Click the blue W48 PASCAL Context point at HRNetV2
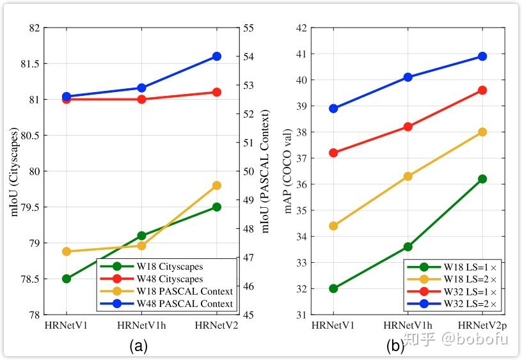[x=216, y=56]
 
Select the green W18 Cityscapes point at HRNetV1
[x=67, y=279]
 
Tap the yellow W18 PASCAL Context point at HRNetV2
[x=216, y=185]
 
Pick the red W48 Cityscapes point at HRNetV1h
[x=141, y=99]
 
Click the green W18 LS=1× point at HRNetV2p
[x=482, y=179]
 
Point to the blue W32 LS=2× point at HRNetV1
[x=333, y=108]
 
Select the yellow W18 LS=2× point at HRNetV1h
[x=407, y=176]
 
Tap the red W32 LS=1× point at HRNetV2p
[x=482, y=90]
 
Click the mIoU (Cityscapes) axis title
[x=15, y=172]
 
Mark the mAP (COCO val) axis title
[x=289, y=172]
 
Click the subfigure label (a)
[x=139, y=347]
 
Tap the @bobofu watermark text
[x=473, y=339]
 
